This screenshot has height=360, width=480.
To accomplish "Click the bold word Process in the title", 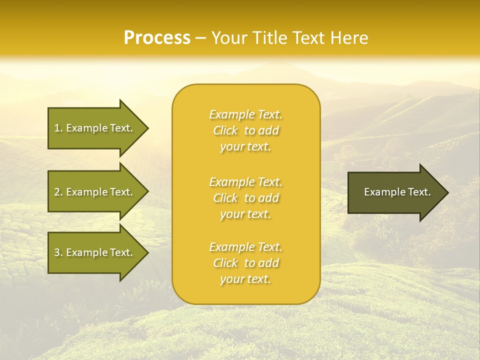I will click(x=157, y=38).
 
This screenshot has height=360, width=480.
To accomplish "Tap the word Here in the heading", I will click(x=349, y=38).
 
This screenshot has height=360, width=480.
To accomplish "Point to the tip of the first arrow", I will click(x=147, y=128).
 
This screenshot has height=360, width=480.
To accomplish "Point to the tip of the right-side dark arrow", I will click(x=447, y=192).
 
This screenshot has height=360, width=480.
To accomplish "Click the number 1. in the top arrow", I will click(x=58, y=128).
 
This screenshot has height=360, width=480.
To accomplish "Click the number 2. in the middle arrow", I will click(x=58, y=192).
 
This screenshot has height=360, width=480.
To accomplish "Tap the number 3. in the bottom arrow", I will click(x=58, y=252).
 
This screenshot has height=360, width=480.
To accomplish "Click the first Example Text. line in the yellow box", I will click(x=245, y=114).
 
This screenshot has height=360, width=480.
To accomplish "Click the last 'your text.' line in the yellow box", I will click(x=245, y=279).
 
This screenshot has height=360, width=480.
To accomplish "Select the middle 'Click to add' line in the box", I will click(x=245, y=198).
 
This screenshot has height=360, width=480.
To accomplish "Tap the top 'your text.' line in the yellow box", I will click(x=245, y=146).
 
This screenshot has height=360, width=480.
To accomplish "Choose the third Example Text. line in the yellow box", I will click(x=245, y=247).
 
